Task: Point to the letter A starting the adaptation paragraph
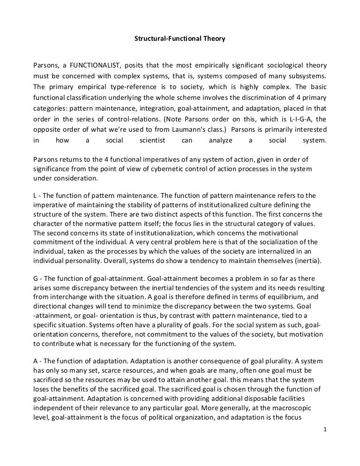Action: pyautogui.click(x=36, y=349)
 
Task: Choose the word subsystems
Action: pyautogui.click(x=306, y=76)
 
